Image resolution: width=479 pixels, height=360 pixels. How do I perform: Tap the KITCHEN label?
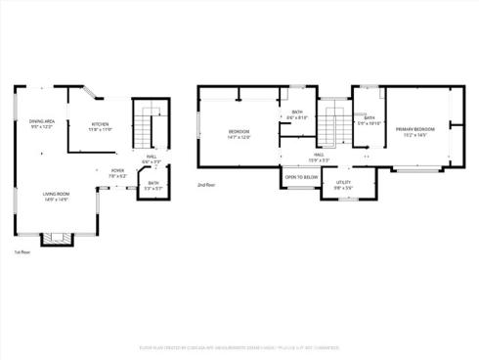pos(101,123)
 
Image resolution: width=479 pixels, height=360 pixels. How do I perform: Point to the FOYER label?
pos(117,170)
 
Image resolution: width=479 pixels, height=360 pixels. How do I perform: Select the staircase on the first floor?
pos(149,126)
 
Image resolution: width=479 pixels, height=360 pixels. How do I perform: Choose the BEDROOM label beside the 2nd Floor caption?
pos(239,131)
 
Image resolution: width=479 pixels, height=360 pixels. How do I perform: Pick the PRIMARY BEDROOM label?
pos(415,129)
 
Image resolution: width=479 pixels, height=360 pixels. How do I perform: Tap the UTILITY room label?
pos(343,182)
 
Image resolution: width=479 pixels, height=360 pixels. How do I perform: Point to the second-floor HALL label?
pos(319,154)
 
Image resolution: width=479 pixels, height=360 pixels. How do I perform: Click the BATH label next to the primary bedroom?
pos(370,118)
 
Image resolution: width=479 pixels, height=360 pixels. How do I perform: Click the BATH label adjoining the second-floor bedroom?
pos(297,112)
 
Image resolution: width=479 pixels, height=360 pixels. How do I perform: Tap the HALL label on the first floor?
pos(152,156)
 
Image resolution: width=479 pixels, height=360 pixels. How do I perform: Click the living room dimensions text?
pos(56,201)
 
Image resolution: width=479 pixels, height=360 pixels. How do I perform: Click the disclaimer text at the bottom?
pos(239,346)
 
